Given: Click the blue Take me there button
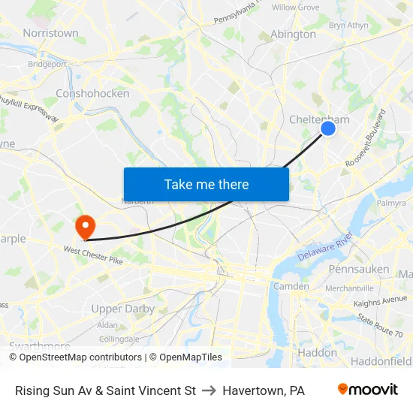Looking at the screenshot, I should pos(206,184).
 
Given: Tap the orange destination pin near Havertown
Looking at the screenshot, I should pos(84,226).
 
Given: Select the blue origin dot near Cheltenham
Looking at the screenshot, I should pos(328,128).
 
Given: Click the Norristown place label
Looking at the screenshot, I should pos(50,33).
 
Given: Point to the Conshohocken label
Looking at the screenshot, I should pos(92,94).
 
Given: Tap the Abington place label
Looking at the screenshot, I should pos(293,34).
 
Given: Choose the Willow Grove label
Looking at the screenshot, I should pos(295,8).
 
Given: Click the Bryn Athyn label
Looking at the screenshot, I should pos(348,25).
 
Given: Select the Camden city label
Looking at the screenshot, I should pos(291,286).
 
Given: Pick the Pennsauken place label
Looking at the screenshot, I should pos(359,269).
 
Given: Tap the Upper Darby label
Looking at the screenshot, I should pos(122,309).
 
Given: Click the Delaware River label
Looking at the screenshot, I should pos(324,246).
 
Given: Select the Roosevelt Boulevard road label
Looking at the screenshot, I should pos(366,140).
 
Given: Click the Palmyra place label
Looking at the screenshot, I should pos(390,203).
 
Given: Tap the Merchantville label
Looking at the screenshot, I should pos(349,288).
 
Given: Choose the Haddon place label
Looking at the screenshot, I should pos(317,352).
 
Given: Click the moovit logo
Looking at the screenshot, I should pos(368,390).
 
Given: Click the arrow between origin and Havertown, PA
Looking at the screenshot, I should pos(209,390).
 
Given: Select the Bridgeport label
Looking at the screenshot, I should pos(47,65).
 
